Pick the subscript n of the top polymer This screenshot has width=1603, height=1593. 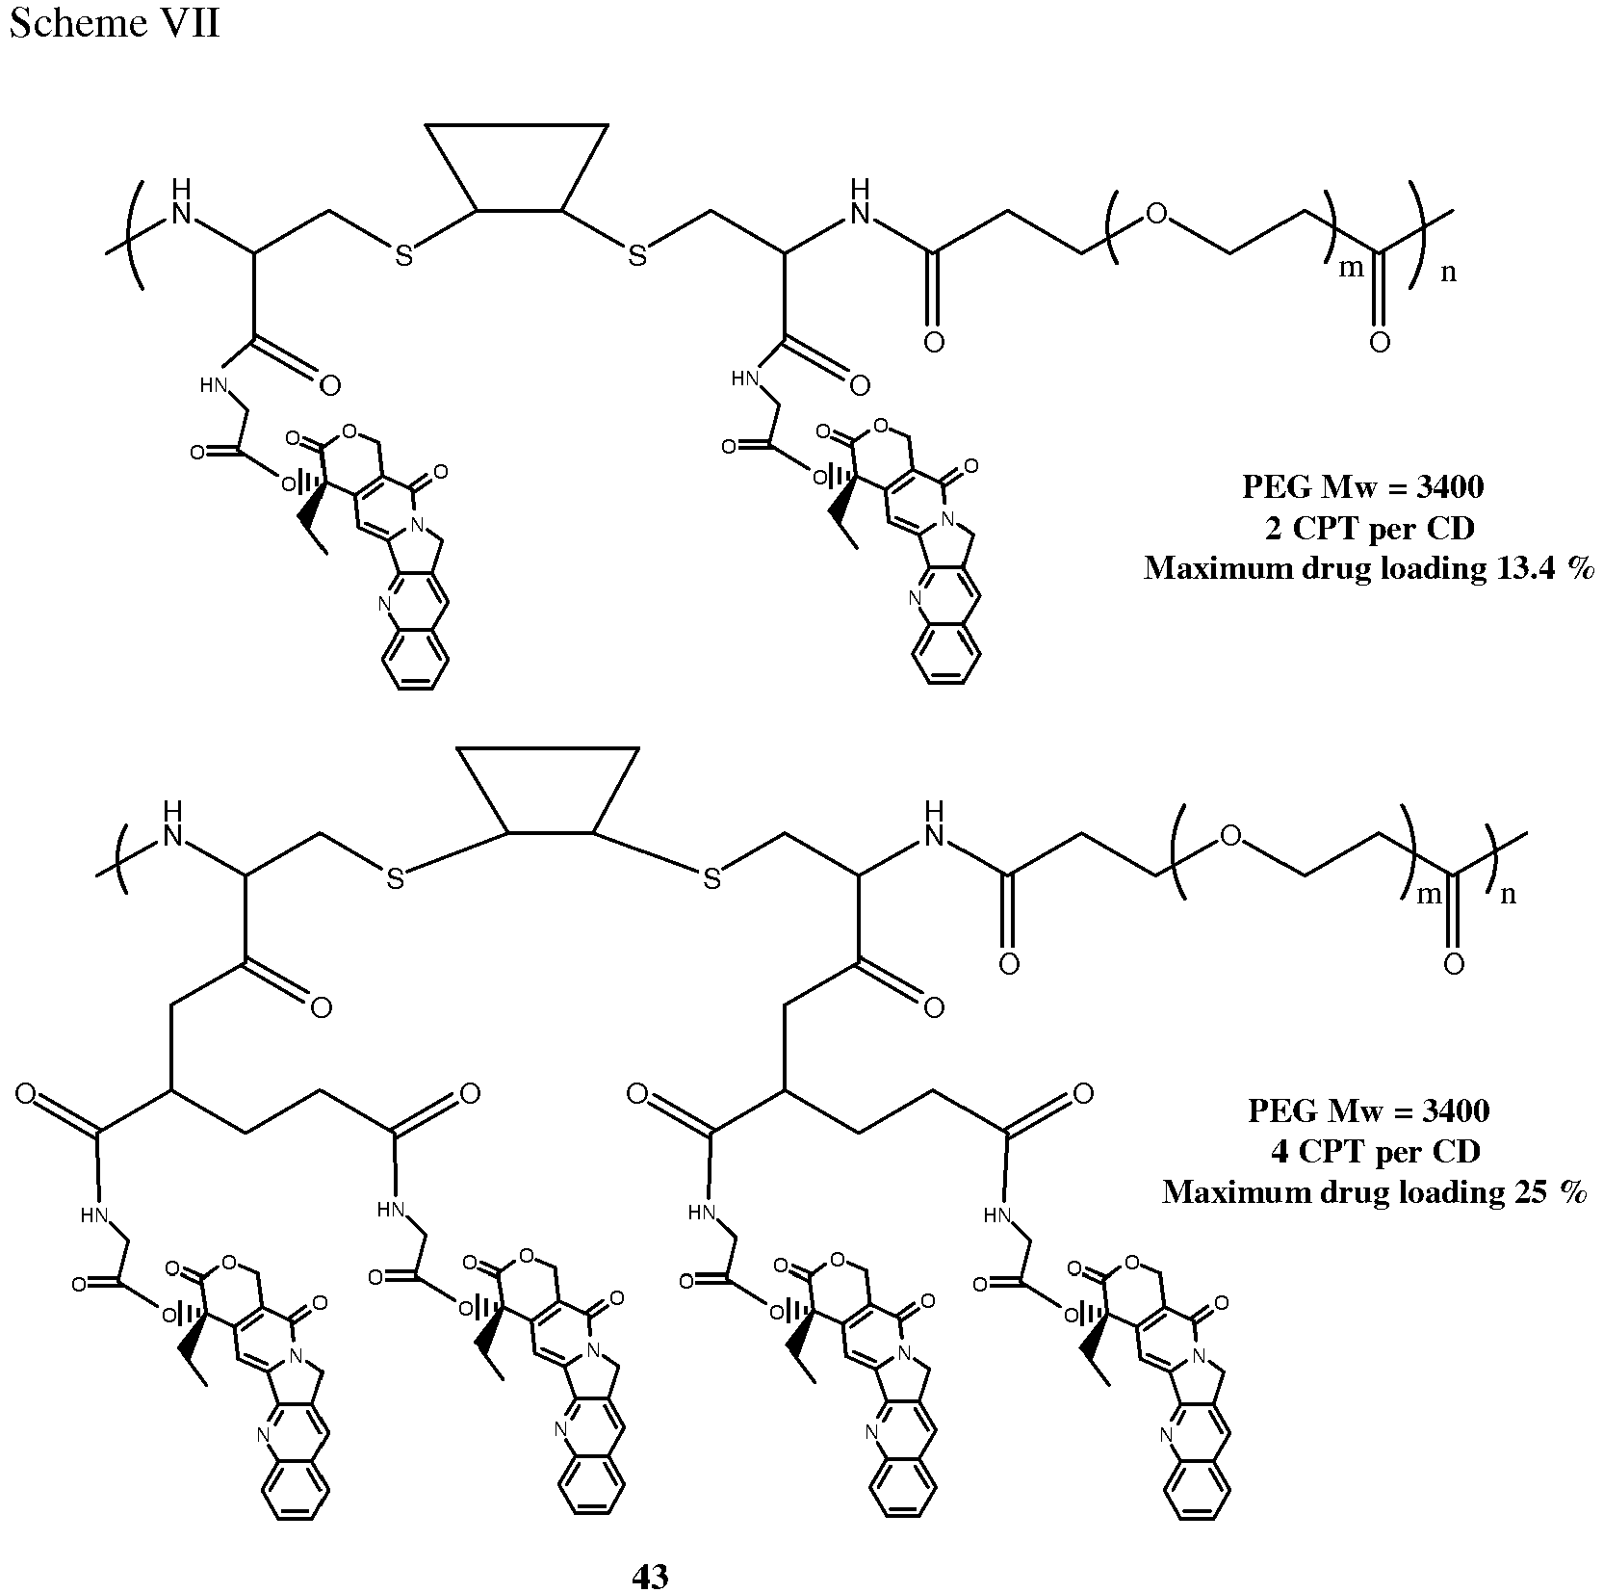coord(1447,273)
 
